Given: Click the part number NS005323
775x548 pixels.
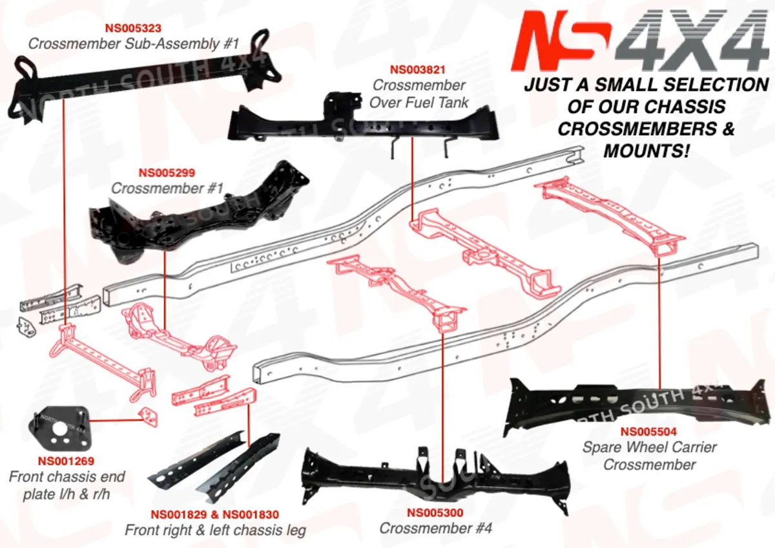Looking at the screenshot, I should [x=133, y=28].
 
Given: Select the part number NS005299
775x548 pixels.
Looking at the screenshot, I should [x=167, y=173].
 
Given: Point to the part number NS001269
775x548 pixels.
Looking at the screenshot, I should [x=66, y=461].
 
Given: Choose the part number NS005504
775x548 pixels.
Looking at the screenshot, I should [x=649, y=432].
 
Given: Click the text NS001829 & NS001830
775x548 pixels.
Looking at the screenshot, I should [x=215, y=515].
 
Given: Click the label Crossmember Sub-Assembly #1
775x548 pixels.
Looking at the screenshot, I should [x=134, y=44].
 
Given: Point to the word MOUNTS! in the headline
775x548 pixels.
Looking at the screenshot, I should [x=646, y=151].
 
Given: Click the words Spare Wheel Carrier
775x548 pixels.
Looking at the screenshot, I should [x=649, y=447].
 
